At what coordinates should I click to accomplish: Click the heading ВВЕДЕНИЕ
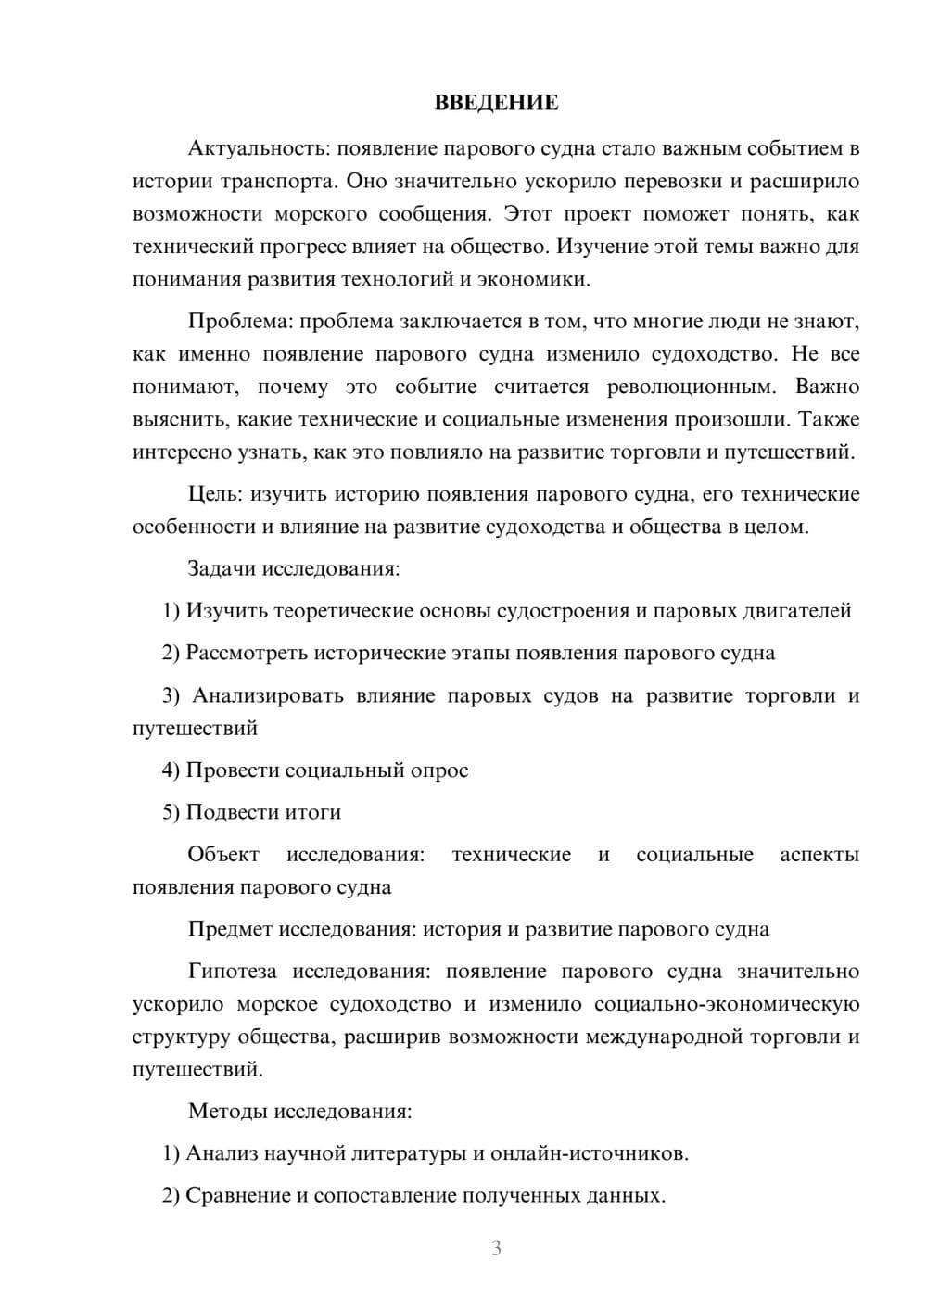pos(496,103)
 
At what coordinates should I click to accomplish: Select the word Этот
pos(527,214)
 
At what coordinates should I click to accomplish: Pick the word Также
pos(829,419)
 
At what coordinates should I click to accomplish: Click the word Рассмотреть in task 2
pos(247,653)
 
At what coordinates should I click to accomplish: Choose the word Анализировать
pos(268,695)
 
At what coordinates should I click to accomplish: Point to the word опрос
pos(438,770)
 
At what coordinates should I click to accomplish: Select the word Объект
pos(223,855)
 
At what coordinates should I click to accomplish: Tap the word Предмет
pos(230,929)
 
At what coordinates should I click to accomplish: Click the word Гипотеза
pos(233,972)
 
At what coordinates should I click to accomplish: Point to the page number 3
pos(496,1248)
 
